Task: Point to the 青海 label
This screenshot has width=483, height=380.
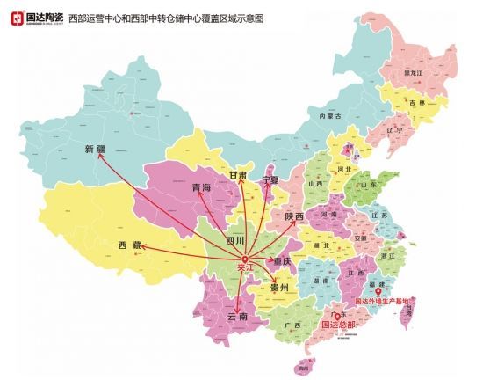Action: [201, 188]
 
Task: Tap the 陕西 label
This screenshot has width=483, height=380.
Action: [294, 216]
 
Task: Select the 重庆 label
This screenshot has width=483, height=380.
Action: [281, 261]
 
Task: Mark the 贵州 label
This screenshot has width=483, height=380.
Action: [278, 288]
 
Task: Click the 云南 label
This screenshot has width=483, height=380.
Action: [237, 316]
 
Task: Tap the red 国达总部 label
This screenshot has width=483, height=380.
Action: [340, 325]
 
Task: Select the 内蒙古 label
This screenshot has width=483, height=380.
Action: [328, 115]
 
